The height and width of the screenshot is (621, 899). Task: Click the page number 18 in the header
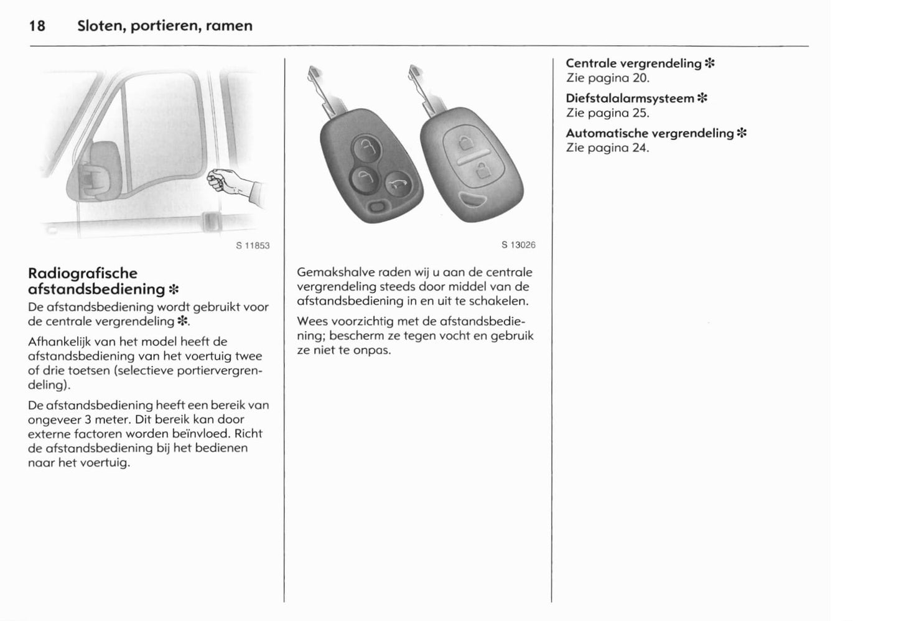click(37, 26)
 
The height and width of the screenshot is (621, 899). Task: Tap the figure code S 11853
click(253, 245)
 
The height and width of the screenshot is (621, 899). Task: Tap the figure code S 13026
click(518, 245)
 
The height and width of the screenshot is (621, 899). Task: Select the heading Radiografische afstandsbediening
click(96, 281)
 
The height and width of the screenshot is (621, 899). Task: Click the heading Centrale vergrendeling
click(633, 63)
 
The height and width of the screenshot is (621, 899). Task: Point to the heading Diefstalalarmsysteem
click(630, 98)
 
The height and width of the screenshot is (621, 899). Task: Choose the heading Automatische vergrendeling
click(650, 133)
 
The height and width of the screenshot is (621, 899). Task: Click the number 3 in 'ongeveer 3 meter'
click(89, 419)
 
